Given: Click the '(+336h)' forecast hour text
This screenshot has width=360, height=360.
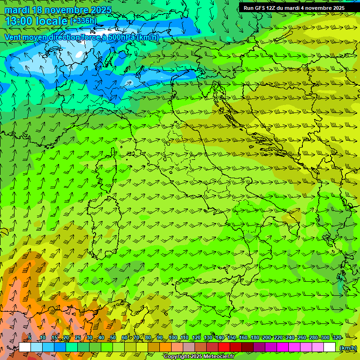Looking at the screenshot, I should pos(83,21).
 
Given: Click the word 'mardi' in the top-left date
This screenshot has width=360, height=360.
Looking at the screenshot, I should pos(15,10).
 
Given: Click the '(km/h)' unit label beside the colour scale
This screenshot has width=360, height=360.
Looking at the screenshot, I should pos(347,348).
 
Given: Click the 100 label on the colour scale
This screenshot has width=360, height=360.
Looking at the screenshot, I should pos(173,337).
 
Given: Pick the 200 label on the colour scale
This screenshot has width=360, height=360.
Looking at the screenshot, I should pos(266,337).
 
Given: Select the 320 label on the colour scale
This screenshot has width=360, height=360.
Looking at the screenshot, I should pos(336,337).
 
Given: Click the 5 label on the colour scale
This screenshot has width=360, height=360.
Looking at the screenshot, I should pos(30,337).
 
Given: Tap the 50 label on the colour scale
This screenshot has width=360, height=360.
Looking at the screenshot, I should pos(112,337).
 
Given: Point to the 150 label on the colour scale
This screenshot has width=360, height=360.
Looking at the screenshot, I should pos(232,337).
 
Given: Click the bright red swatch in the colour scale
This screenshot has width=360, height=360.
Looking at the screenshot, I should pos(225,347).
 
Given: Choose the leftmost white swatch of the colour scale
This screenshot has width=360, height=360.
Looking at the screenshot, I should pos(25,347).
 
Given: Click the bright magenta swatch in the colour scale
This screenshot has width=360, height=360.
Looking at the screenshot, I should pos(283,347).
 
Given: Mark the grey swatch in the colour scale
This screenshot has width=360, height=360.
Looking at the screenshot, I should pos(189,347).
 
